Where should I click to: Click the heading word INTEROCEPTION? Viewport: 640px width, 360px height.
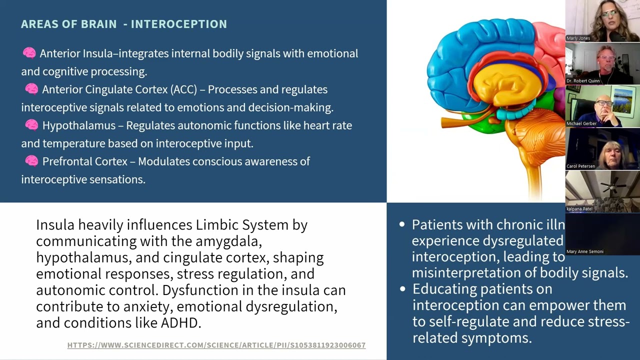click(178, 24)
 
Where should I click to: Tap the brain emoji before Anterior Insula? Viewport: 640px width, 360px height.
click(29, 53)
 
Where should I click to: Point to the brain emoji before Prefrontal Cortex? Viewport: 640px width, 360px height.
click(31, 161)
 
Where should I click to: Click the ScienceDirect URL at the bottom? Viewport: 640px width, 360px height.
click(216, 345)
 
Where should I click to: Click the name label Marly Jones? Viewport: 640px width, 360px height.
click(578, 38)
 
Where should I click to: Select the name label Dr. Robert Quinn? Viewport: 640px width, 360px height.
click(582, 80)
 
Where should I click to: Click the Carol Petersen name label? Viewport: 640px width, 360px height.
click(580, 166)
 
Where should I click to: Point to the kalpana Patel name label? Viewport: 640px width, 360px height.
click(580, 208)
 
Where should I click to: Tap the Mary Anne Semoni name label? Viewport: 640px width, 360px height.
click(584, 251)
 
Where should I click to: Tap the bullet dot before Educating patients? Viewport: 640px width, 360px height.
click(402, 289)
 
